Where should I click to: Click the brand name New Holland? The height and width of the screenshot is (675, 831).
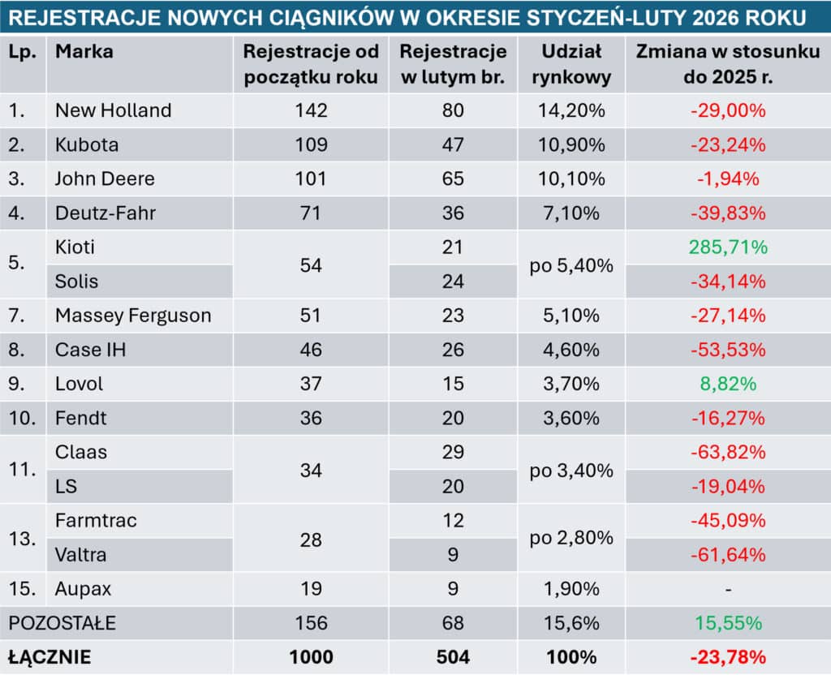pyautogui.click(x=113, y=110)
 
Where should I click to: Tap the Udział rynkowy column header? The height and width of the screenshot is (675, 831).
pyautogui.click(x=572, y=65)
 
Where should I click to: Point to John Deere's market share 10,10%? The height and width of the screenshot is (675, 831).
pyautogui.click(x=572, y=178)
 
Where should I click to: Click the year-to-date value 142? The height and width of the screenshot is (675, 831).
pyautogui.click(x=311, y=110)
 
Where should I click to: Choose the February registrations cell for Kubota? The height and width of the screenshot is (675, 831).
pyautogui.click(x=453, y=144)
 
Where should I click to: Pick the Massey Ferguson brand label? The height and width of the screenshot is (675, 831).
pyautogui.click(x=133, y=315)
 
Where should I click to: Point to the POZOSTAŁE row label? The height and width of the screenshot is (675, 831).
pyautogui.click(x=62, y=623)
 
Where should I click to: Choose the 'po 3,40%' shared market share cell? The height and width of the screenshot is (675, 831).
pyautogui.click(x=572, y=470)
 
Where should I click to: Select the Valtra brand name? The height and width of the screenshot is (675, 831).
pyautogui.click(x=80, y=555)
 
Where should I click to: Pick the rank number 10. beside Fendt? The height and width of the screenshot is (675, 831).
pyautogui.click(x=22, y=419)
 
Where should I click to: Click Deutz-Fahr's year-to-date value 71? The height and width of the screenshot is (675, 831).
pyautogui.click(x=311, y=213)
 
